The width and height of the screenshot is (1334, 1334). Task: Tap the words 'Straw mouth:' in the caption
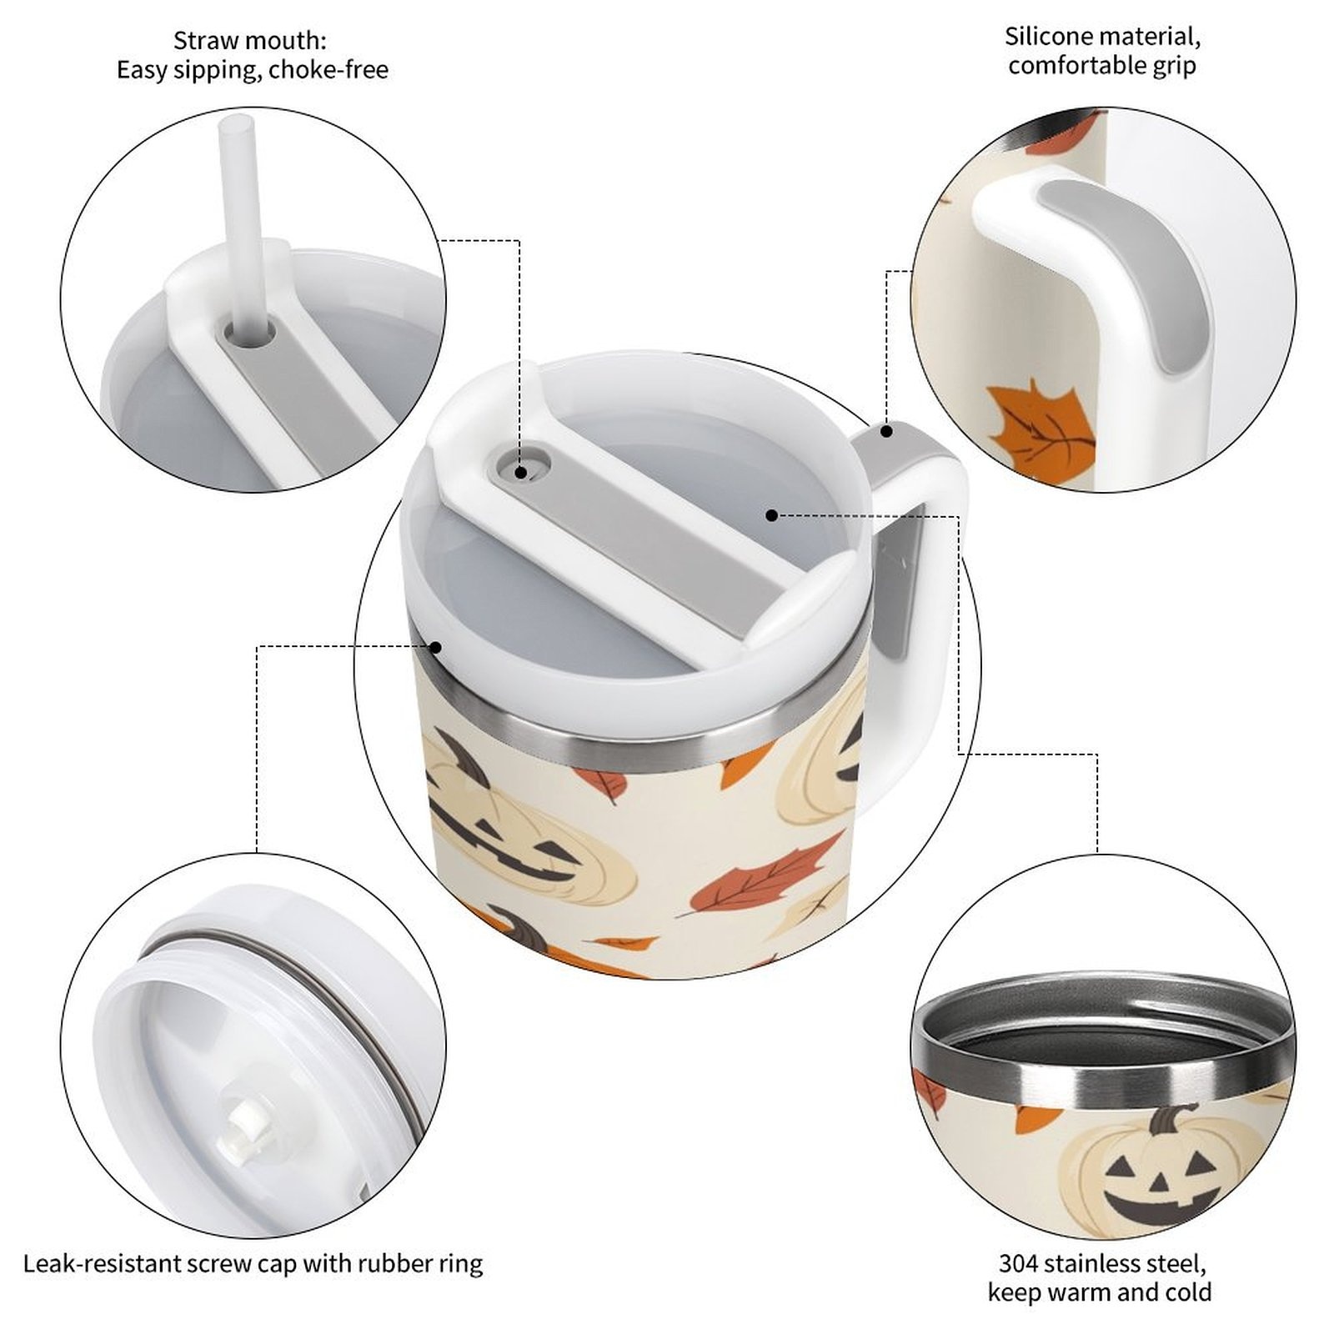pos(250,40)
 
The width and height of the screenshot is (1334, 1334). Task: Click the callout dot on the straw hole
pos(521,473)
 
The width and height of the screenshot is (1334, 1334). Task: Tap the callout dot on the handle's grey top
pos(887,431)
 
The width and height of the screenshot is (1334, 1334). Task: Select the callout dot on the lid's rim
pos(435,646)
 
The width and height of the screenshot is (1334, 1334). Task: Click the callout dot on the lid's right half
pos(772,515)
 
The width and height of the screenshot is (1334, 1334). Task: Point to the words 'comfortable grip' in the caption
pos(1101,66)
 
